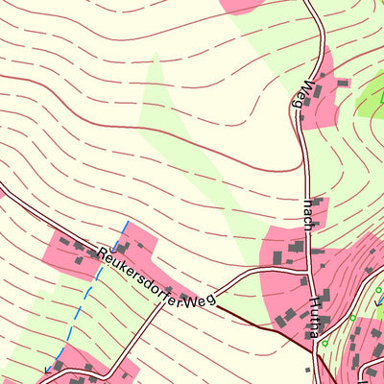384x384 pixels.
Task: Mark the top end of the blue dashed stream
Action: tap(125, 223)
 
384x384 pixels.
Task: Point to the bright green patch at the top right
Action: tap(371, 96)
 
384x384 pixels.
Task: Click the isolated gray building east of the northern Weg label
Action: tap(342, 84)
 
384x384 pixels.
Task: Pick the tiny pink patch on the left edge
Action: tap(2, 191)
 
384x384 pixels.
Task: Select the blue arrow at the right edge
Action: tap(379, 300)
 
